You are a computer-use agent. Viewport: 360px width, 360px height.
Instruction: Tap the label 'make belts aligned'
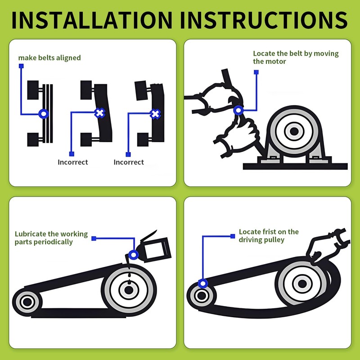pyautogui.click(x=49, y=58)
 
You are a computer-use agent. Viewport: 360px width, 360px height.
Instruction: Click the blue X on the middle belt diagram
pyautogui.click(x=99, y=113)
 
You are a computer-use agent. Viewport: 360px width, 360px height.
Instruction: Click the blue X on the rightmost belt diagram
pyautogui.click(x=155, y=114)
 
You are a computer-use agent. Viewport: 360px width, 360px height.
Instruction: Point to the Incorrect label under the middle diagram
pyautogui.click(x=73, y=162)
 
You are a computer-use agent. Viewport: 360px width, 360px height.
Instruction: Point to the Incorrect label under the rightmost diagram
pyautogui.click(x=129, y=162)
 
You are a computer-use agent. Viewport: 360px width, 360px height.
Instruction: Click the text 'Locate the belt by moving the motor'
pyautogui.click(x=295, y=57)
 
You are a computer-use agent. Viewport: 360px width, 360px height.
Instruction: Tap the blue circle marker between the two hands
pyautogui.click(x=238, y=109)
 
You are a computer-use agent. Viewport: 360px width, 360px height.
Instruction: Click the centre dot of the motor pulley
pyautogui.click(x=294, y=131)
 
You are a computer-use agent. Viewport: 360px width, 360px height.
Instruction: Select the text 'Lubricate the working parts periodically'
pyautogui.click(x=49, y=238)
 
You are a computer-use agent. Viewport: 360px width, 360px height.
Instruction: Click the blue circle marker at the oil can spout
pyautogui.click(x=133, y=255)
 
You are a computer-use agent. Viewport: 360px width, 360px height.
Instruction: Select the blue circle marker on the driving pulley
pyautogui.click(x=203, y=283)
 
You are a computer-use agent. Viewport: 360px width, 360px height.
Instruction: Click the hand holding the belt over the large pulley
pyautogui.click(x=324, y=245)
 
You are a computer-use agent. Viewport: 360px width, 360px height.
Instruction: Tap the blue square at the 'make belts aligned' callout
pyautogui.click(x=21, y=66)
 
